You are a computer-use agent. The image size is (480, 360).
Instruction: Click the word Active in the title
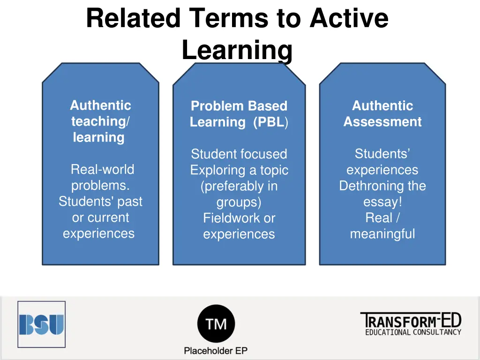349,19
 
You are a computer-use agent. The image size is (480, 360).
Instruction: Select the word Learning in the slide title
237,50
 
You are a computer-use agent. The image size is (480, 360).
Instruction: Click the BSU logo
41,324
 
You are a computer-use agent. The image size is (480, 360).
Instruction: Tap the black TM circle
216,323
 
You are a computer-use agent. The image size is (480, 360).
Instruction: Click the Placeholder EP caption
216,351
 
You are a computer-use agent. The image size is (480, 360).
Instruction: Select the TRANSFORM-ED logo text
411,321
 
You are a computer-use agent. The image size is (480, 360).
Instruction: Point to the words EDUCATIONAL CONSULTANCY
413,332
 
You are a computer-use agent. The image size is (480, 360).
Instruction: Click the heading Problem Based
239,106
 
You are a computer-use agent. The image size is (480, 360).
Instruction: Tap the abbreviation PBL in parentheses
270,122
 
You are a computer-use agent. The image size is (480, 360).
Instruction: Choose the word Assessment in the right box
382,122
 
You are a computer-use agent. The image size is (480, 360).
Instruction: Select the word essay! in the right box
382,202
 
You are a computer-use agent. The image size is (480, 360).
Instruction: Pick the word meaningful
382,234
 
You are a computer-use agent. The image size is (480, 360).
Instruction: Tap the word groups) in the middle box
239,202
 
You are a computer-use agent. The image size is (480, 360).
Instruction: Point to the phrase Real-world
102,169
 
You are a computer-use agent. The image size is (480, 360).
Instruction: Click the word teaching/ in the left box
101,121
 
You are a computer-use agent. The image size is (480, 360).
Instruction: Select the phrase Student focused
239,154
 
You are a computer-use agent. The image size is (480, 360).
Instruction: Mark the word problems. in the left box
100,186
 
